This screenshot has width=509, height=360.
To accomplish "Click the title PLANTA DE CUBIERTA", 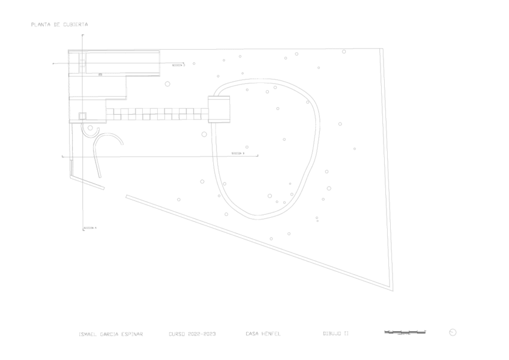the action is point(59,25).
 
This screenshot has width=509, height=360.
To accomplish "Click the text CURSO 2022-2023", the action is point(193,333).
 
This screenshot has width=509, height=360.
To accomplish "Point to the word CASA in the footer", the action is point(251,333).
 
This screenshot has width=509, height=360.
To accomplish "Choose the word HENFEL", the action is point(271,333).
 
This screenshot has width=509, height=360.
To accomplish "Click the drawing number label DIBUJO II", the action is point(336,333).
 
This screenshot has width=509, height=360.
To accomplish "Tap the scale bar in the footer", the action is point(406,332).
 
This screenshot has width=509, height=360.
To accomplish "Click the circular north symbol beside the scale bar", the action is point(453,332).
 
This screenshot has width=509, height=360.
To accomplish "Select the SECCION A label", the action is point(91,228).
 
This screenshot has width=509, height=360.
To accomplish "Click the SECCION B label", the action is point(238,154).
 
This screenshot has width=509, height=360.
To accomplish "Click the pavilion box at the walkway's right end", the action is point(219,108).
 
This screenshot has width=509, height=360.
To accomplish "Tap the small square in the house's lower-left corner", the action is point(83,116).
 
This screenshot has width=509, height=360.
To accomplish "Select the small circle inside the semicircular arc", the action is point(91,128).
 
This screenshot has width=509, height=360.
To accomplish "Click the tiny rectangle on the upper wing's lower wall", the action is point(100,74).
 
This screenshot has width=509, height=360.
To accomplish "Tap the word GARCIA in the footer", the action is point(110,333).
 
